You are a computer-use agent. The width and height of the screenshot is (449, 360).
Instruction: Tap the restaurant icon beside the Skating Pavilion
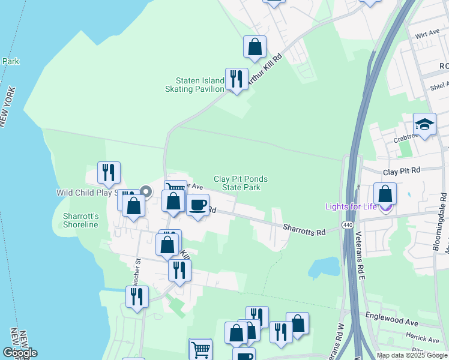237,79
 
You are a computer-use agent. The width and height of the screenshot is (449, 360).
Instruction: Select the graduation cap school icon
424,125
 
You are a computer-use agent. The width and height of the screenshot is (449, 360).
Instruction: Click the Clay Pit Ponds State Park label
241,183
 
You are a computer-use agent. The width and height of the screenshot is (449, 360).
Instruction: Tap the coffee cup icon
197,206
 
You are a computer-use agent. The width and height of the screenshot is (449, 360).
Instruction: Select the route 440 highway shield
348,224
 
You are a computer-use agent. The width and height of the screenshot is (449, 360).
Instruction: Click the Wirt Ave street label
427,34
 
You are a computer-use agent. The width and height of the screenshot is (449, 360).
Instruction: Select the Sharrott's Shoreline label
80,220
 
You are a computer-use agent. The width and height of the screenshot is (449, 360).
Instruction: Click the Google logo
20,353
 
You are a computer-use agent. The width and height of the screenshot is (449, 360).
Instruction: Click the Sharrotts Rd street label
304,228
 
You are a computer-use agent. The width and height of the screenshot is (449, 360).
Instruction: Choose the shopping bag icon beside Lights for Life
385,194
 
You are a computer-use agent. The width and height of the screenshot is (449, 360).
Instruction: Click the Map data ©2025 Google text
411,355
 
